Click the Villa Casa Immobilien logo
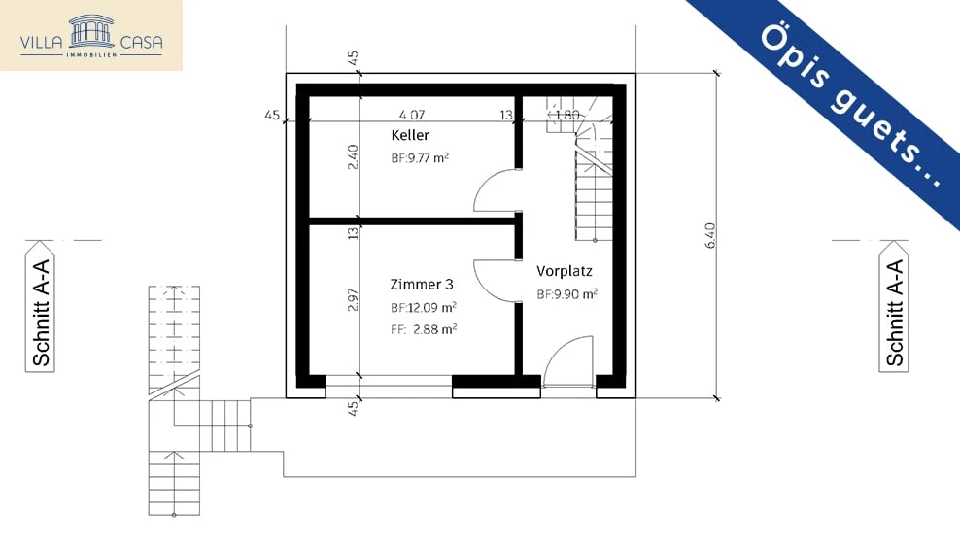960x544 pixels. coord(91,35)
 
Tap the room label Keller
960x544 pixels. coord(410,135)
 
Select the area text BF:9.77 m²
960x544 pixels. coord(420,157)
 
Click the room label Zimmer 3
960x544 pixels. coord(422,285)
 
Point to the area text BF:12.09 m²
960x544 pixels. coord(424,307)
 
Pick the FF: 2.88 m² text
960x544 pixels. coord(424,329)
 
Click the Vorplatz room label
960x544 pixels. coord(565,271)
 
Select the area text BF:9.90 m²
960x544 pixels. coord(566,293)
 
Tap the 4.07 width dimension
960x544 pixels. coord(412,115)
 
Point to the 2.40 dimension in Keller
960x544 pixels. coord(354,157)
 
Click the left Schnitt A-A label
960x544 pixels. coord(42,313)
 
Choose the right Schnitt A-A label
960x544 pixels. coord(894,313)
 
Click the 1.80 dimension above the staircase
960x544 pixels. coord(566,115)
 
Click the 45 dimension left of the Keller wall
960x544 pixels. coord(272,116)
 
